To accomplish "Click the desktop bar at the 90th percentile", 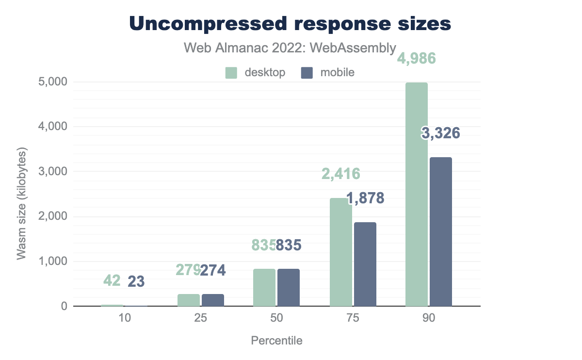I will pyautogui.click(x=417, y=194).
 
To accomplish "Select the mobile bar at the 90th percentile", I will pyautogui.click(x=440, y=231).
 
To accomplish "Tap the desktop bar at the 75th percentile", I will pyautogui.click(x=340, y=252).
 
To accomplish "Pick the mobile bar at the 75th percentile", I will pyautogui.click(x=365, y=264).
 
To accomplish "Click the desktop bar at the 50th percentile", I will pyautogui.click(x=264, y=287).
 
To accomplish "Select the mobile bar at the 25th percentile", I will pyautogui.click(x=213, y=300).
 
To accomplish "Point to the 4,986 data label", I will pyautogui.click(x=417, y=59).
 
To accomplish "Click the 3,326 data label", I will pyautogui.click(x=440, y=133).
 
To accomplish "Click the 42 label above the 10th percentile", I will pyautogui.click(x=113, y=280).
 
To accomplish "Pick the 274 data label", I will pyautogui.click(x=213, y=270).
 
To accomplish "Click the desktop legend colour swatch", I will pyautogui.click(x=231, y=73).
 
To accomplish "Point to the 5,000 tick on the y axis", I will pyautogui.click(x=53, y=82).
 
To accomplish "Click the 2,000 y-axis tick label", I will pyautogui.click(x=53, y=217).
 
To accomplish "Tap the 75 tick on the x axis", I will pyautogui.click(x=353, y=319).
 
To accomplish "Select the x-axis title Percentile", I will pyautogui.click(x=276, y=341).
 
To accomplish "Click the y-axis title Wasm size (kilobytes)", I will pyautogui.click(x=22, y=203).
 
